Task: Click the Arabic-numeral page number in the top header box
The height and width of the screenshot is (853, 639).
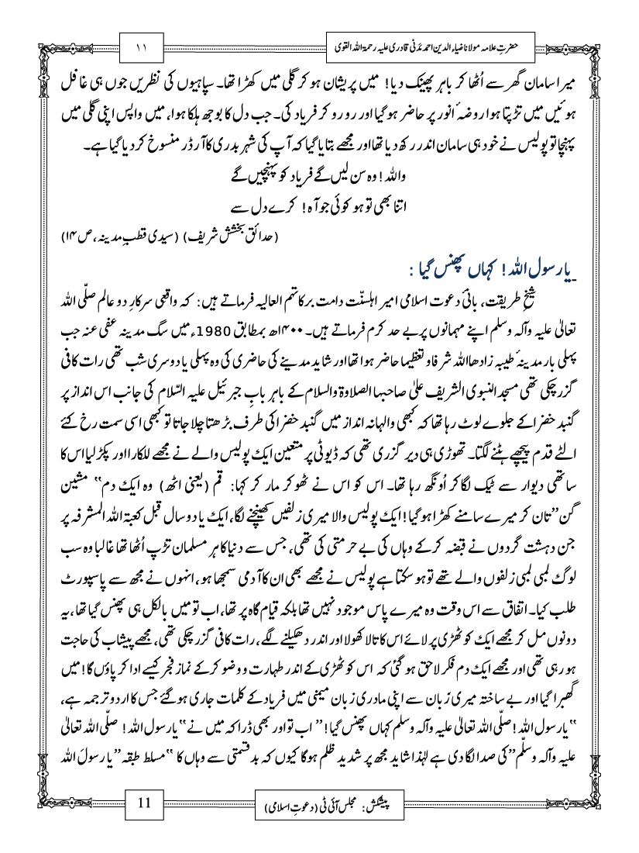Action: coord(146,47)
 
